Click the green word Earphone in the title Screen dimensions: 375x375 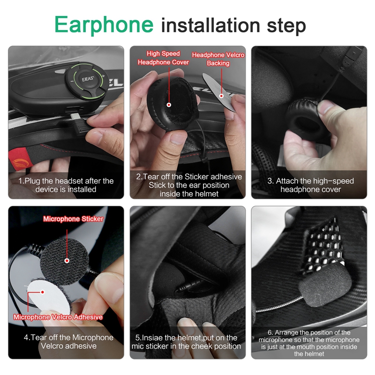[x=104, y=24]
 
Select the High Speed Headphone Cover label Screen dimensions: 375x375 [x=163, y=58]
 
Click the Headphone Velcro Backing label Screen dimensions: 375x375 [x=218, y=59]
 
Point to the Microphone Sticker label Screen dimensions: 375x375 [x=73, y=219]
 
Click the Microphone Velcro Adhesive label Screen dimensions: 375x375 [x=58, y=317]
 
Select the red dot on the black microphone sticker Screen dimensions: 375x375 [x=67, y=260]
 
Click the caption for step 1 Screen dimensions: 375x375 [x=66, y=185]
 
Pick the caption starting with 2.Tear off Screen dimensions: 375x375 [x=189, y=185]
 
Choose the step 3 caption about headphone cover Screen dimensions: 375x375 [x=310, y=185]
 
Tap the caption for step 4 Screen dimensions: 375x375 [x=66, y=342]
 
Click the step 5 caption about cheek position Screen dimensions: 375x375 [x=188, y=342]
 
